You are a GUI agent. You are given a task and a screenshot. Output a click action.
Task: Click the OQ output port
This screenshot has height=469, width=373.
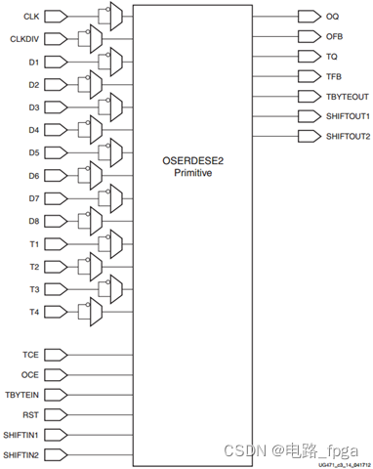[x=331, y=17]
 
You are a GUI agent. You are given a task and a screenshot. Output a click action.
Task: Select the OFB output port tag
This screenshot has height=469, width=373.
[x=333, y=36]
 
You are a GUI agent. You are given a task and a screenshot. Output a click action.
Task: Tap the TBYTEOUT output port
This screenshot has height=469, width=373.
[x=346, y=97]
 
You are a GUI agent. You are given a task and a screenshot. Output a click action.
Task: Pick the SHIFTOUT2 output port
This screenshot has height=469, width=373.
[x=347, y=136]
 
